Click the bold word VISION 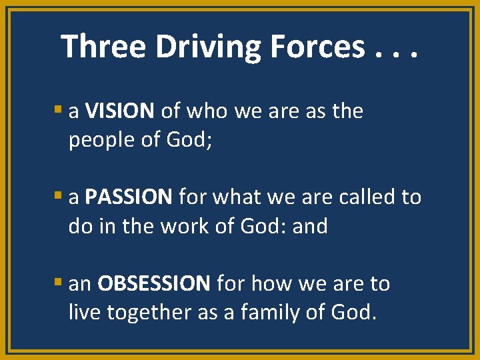[x=120, y=111]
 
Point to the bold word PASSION [x=129, y=197]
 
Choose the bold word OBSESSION [x=154, y=284]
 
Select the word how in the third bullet [x=271, y=284]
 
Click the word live [x=83, y=312]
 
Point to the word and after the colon [x=310, y=226]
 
